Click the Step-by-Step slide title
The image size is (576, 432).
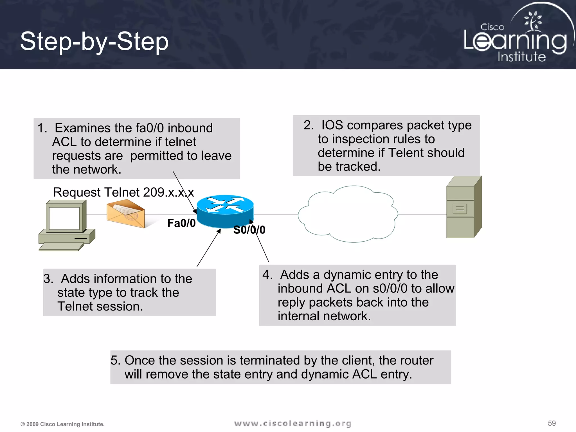click(x=94, y=41)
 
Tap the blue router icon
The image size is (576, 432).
click(x=225, y=211)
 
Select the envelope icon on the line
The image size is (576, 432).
click(x=126, y=213)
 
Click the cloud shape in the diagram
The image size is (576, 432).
click(x=348, y=214)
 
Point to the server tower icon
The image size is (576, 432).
click(x=463, y=207)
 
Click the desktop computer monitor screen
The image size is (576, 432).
click(x=64, y=218)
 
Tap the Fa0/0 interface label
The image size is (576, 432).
click(x=181, y=223)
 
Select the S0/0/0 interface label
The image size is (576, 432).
click(x=249, y=230)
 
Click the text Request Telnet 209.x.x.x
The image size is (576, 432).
click(x=123, y=192)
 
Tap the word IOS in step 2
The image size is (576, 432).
click(x=332, y=125)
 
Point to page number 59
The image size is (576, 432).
click(x=552, y=423)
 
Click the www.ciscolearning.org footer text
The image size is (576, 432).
click(x=293, y=424)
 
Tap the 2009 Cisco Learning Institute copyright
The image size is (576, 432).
click(x=62, y=424)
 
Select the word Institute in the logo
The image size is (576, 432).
click(x=521, y=57)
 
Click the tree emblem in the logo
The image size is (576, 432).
click(x=532, y=21)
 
